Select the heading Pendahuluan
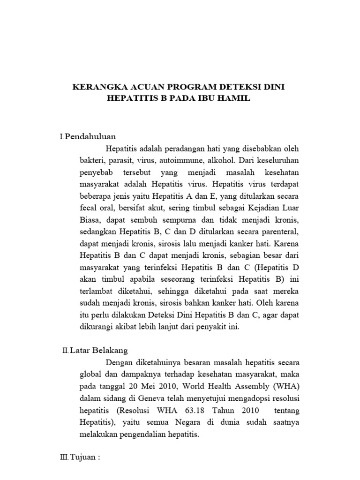click(90, 136)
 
